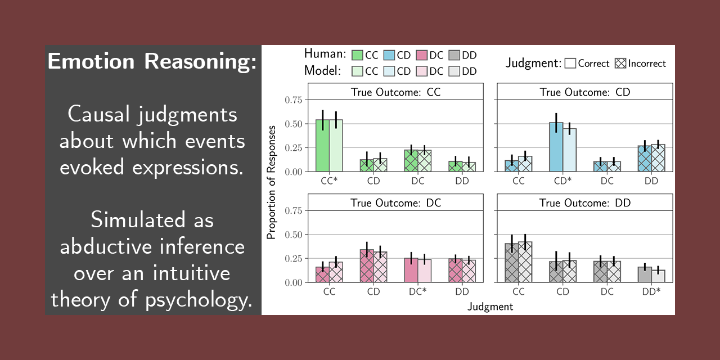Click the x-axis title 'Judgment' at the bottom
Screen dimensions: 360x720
click(x=490, y=307)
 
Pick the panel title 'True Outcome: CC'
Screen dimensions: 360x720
click(x=395, y=92)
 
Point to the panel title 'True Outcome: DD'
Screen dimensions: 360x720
click(x=585, y=202)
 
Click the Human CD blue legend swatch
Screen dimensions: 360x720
click(x=389, y=55)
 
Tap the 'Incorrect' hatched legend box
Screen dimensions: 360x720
click(x=621, y=63)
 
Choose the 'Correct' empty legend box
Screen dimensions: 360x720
click(x=570, y=63)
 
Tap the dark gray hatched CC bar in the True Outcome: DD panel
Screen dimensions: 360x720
click(x=512, y=263)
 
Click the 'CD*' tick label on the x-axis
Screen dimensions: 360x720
click(x=562, y=181)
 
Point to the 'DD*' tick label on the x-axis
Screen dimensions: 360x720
click(x=651, y=291)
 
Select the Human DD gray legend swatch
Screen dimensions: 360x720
click(x=454, y=55)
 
